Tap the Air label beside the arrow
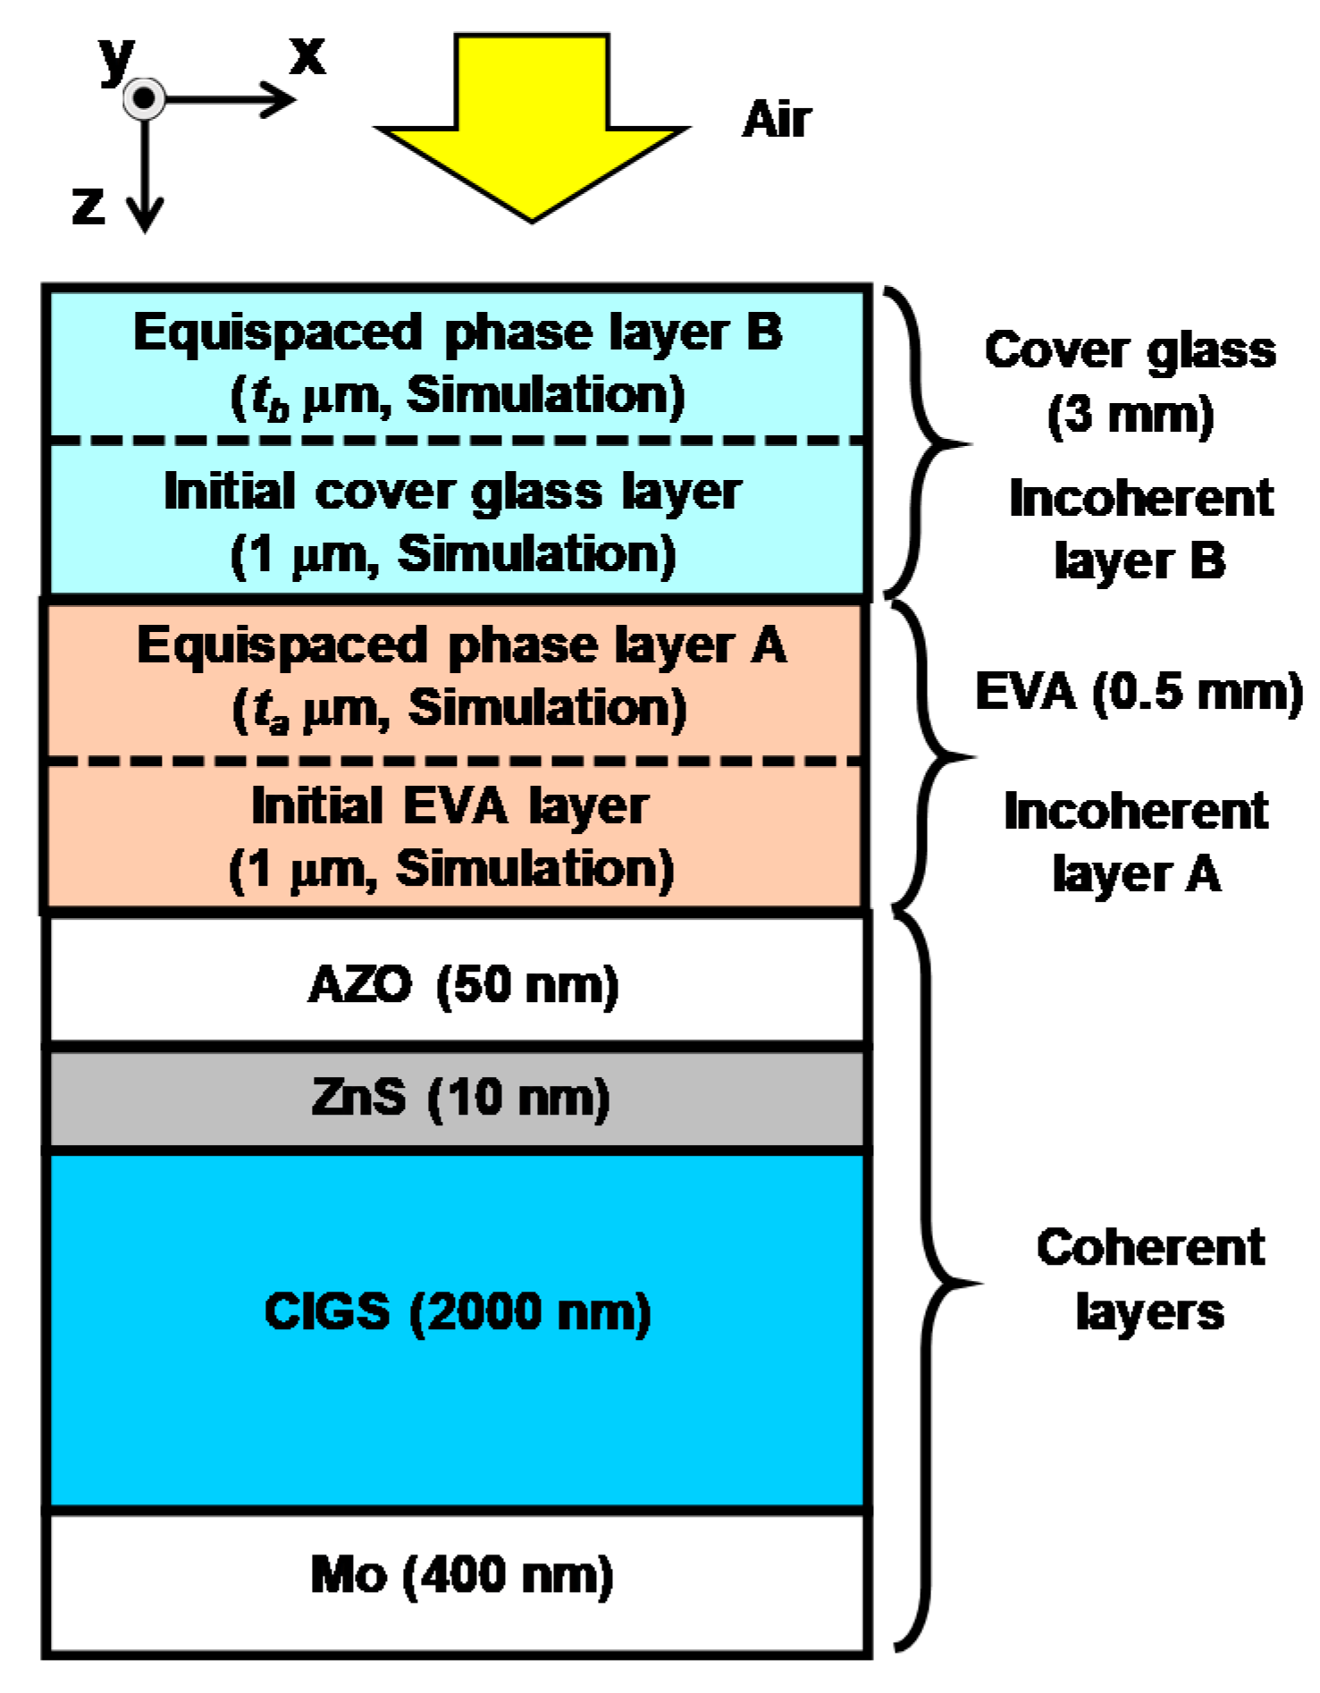[776, 119]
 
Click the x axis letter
[307, 55]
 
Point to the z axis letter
[88, 205]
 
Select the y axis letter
[117, 59]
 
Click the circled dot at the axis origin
[144, 97]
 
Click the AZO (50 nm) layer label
[463, 985]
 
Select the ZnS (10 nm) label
[460, 1097]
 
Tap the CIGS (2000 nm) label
[458, 1312]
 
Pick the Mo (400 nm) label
[461, 1575]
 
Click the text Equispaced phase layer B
[458, 333]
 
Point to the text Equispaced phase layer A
[461, 645]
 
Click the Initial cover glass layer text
[452, 492]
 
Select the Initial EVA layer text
[450, 806]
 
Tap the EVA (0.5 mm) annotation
[1139, 692]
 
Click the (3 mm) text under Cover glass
[1130, 415]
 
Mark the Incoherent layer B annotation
[1140, 529]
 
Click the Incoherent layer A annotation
[1136, 842]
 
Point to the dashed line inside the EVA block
[456, 761]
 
